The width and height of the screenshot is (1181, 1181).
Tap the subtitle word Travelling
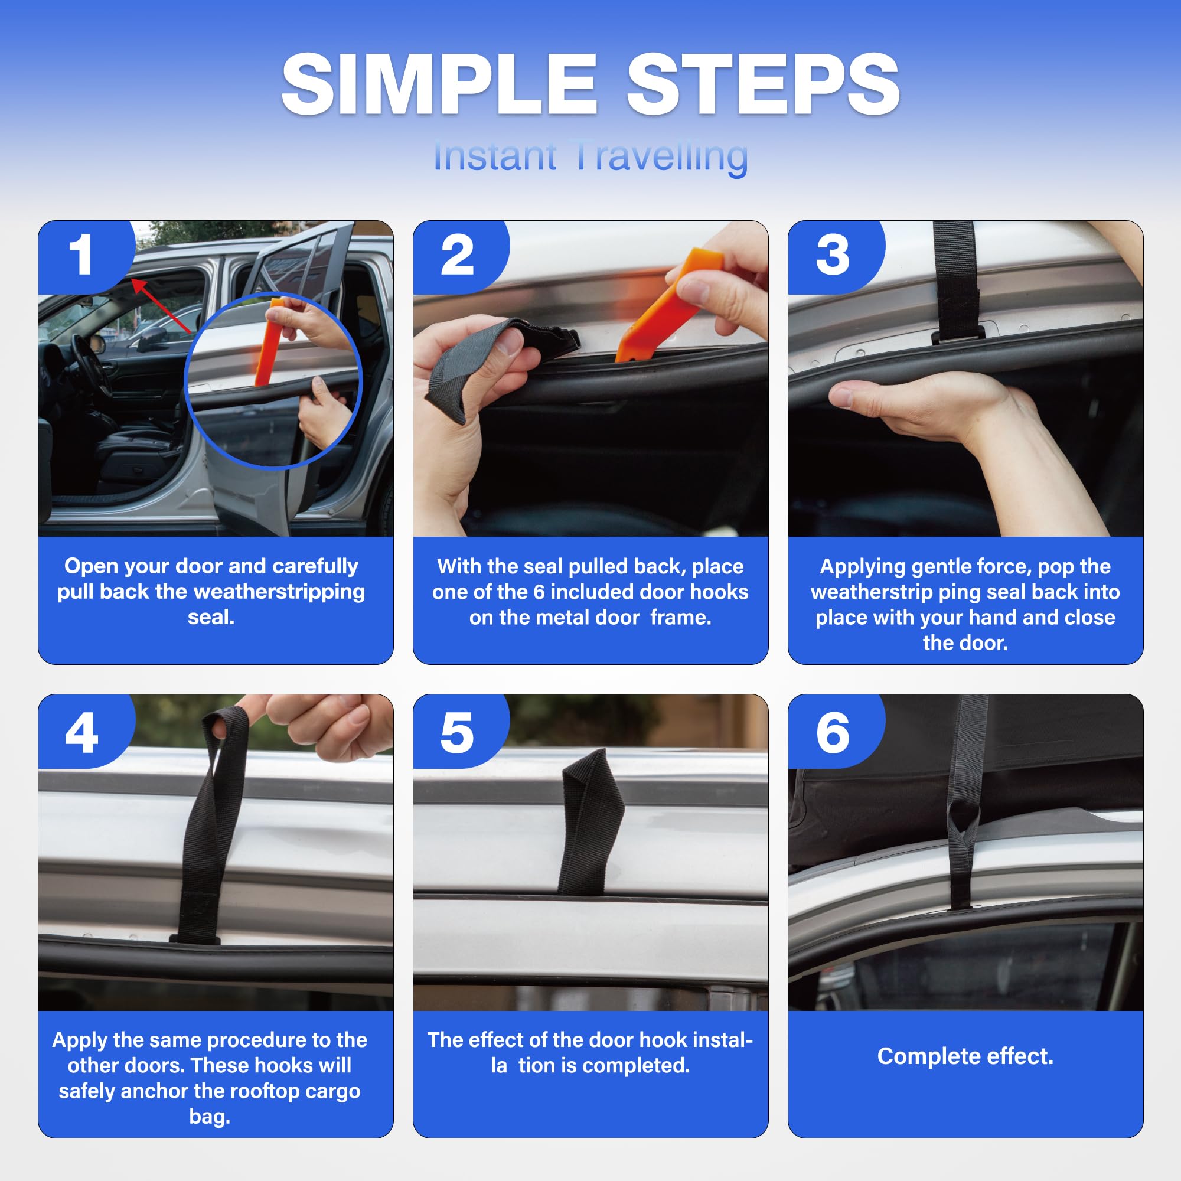(x=661, y=156)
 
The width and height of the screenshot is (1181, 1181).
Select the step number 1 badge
(x=81, y=256)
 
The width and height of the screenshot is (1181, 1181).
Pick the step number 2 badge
(x=456, y=256)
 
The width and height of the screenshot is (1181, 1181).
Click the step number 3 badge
(x=833, y=256)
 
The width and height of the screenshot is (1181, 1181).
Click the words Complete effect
(x=965, y=1056)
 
